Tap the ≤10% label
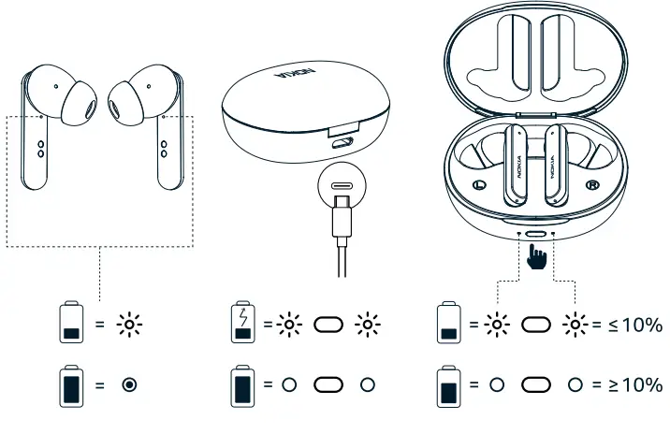(637, 325)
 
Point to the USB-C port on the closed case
(343, 143)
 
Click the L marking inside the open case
(480, 184)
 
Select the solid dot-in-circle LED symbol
(129, 385)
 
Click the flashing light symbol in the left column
(129, 325)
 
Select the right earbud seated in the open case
(560, 164)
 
